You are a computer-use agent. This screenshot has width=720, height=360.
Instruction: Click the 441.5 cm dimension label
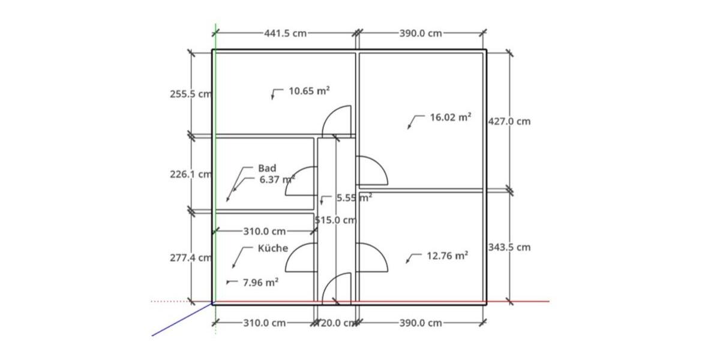pyautogui.click(x=286, y=33)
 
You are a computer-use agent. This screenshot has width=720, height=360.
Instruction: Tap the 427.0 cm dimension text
pyautogui.click(x=509, y=121)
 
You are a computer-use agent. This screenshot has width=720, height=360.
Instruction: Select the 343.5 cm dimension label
pyautogui.click(x=509, y=247)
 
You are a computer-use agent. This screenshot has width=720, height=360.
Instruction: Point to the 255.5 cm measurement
pyautogui.click(x=191, y=94)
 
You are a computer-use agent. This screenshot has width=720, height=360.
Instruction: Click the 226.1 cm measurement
pyautogui.click(x=191, y=174)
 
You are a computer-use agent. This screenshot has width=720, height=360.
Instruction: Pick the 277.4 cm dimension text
pyautogui.click(x=191, y=258)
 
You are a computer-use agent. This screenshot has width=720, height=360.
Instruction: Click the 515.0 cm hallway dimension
pyautogui.click(x=336, y=220)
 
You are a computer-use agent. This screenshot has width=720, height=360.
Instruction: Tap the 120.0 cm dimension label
pyautogui.click(x=336, y=323)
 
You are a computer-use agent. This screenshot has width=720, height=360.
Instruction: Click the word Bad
pyautogui.click(x=267, y=168)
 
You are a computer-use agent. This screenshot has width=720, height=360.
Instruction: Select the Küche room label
pyautogui.click(x=273, y=248)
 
